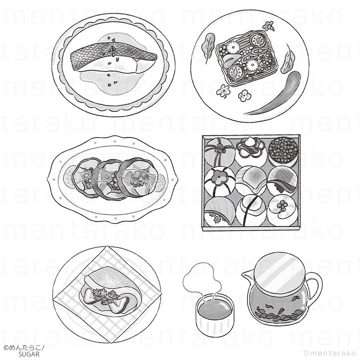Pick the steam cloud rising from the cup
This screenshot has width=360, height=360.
click(x=202, y=279)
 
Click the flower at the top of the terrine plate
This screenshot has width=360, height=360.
click(x=268, y=25)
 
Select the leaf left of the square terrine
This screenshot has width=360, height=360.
click(x=208, y=46)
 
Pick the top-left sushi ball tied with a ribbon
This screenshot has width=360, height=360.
click(x=219, y=151)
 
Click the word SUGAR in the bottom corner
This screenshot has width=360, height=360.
click(x=29, y=354)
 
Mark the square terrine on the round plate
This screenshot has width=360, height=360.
click(x=246, y=58)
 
